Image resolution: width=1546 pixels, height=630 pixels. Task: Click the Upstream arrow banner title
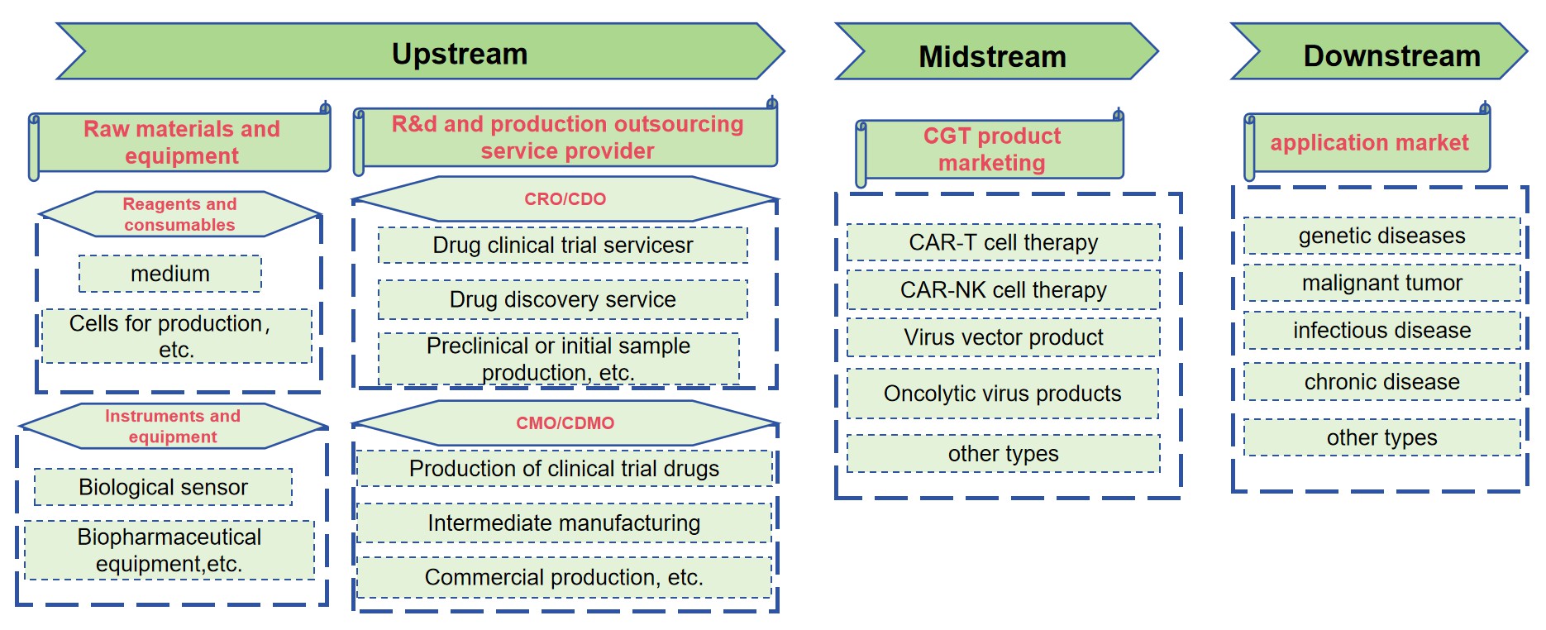[x=460, y=54]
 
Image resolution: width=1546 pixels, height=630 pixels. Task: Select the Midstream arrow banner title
[x=992, y=56]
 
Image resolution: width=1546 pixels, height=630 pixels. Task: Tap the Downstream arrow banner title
[x=1391, y=55]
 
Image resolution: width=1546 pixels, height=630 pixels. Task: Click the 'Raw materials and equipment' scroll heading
[x=182, y=142]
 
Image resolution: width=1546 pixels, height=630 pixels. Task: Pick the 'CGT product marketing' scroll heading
[x=991, y=149]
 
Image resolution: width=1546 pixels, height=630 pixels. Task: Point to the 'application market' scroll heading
[x=1369, y=143]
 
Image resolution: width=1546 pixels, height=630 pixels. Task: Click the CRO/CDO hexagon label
[x=565, y=198]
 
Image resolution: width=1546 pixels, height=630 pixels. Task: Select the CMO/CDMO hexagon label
[x=565, y=422]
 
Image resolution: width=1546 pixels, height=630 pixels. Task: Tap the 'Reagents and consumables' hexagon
[x=179, y=214]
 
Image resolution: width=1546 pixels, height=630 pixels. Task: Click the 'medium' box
[x=170, y=274]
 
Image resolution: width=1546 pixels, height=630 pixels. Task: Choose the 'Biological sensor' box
[x=163, y=487]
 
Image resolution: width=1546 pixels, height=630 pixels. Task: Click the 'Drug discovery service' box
[x=562, y=299]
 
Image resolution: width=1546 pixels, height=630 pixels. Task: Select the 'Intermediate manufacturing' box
[x=564, y=523]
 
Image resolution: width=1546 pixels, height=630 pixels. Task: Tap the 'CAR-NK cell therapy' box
[x=1003, y=290]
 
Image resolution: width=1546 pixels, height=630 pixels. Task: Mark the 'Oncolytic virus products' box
[x=1002, y=394]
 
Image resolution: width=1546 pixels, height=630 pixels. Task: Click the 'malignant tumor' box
[x=1381, y=283]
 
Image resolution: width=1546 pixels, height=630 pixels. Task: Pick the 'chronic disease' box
[x=1381, y=382]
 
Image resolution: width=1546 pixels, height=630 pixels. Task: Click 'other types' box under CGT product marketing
[x=1003, y=453]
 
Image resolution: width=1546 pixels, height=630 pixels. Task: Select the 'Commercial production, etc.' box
[x=564, y=577]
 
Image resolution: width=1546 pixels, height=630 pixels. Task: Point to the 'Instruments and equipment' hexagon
[x=173, y=426]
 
